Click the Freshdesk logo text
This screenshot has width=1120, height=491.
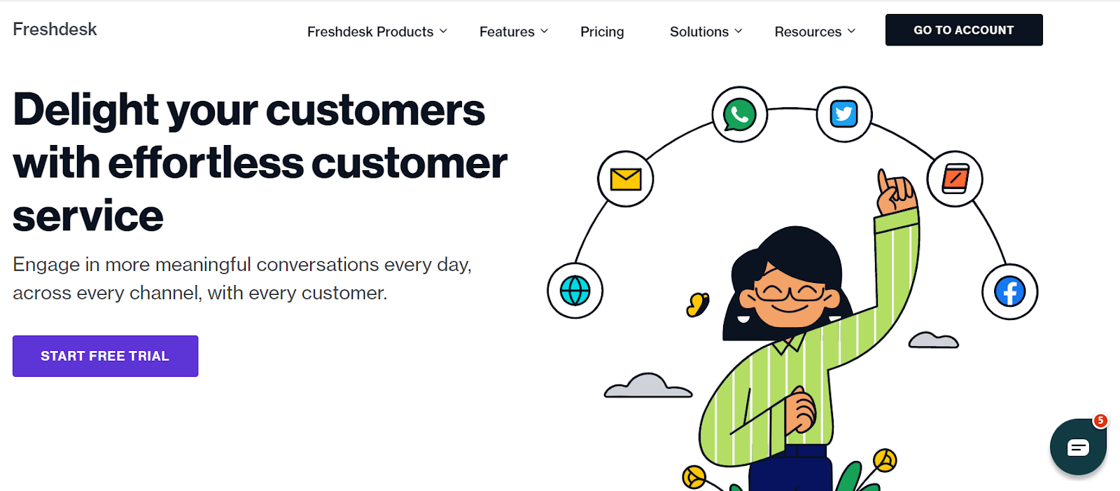(55, 29)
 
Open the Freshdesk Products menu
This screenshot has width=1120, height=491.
(377, 32)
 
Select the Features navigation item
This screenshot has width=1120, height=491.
(513, 32)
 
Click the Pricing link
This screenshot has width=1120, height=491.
(602, 32)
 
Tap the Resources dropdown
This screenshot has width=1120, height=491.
(814, 32)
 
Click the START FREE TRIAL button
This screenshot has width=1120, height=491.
(105, 356)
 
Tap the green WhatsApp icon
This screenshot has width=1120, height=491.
(740, 115)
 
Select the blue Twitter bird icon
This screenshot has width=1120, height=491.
(844, 114)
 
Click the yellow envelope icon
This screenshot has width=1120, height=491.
(626, 179)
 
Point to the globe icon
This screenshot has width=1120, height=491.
(575, 291)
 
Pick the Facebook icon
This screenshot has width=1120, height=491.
(1010, 291)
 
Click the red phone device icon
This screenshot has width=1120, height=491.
(955, 179)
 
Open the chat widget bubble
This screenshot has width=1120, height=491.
(1078, 448)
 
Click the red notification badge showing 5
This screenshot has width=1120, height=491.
(1100, 420)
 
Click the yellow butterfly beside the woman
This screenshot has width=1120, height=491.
(698, 305)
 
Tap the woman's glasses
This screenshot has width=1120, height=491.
(789, 292)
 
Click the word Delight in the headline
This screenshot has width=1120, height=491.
(85, 110)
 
